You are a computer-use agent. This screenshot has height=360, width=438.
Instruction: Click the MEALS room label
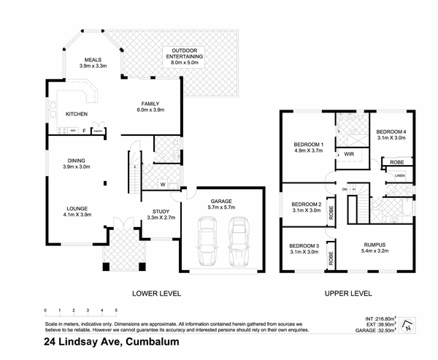point(92,59)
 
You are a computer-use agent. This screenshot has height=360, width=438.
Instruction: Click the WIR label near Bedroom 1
point(349,154)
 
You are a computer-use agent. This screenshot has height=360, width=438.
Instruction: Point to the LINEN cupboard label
point(399,175)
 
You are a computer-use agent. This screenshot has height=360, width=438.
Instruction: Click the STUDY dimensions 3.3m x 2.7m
point(161,217)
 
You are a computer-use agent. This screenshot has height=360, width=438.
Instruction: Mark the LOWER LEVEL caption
point(156,294)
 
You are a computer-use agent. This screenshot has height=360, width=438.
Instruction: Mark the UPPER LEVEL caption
point(348,294)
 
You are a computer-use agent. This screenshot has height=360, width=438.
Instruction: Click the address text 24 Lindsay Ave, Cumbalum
point(111,342)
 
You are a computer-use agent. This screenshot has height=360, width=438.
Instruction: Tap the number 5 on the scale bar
point(115,310)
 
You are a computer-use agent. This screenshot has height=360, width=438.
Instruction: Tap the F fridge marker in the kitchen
point(84,131)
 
